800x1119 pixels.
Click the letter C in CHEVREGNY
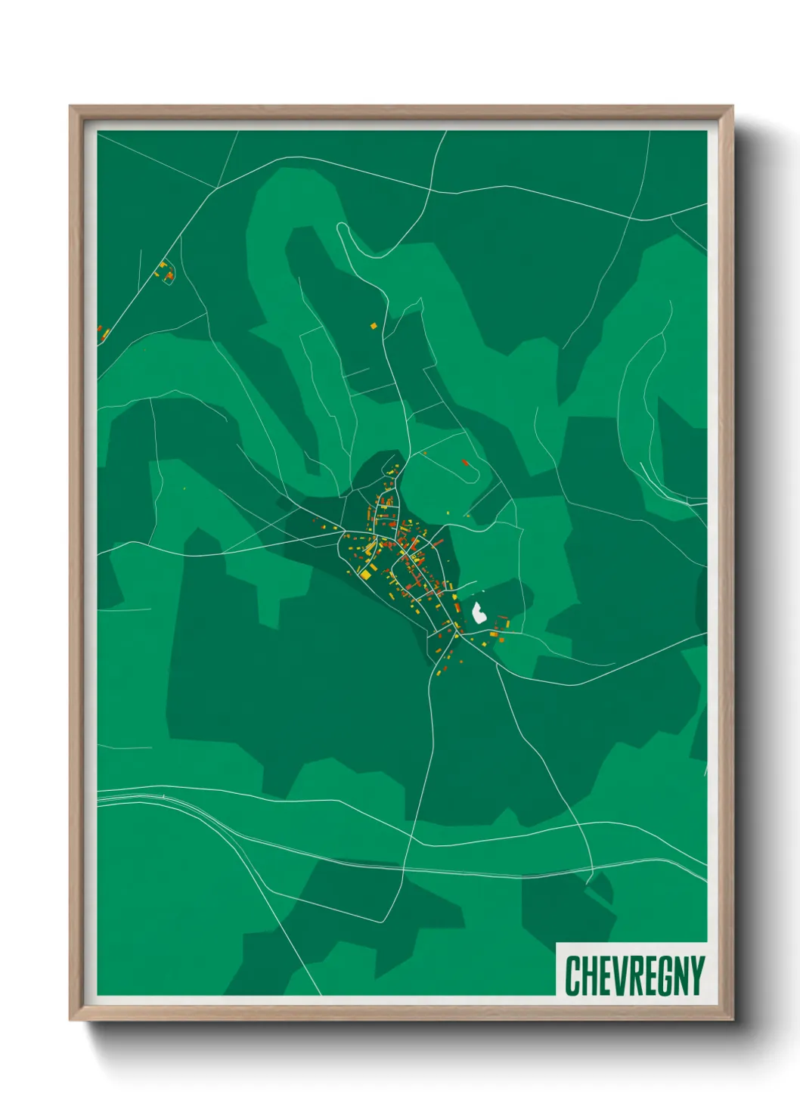click(x=572, y=975)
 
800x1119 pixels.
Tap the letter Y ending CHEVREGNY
click(x=696, y=975)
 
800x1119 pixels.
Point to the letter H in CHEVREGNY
click(x=589, y=975)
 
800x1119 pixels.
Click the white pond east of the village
click(x=479, y=612)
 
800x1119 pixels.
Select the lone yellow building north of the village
click(x=374, y=326)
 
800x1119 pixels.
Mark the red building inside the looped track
click(x=465, y=462)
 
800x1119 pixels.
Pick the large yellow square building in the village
click(x=365, y=575)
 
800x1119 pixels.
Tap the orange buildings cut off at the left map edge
click(x=102, y=333)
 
